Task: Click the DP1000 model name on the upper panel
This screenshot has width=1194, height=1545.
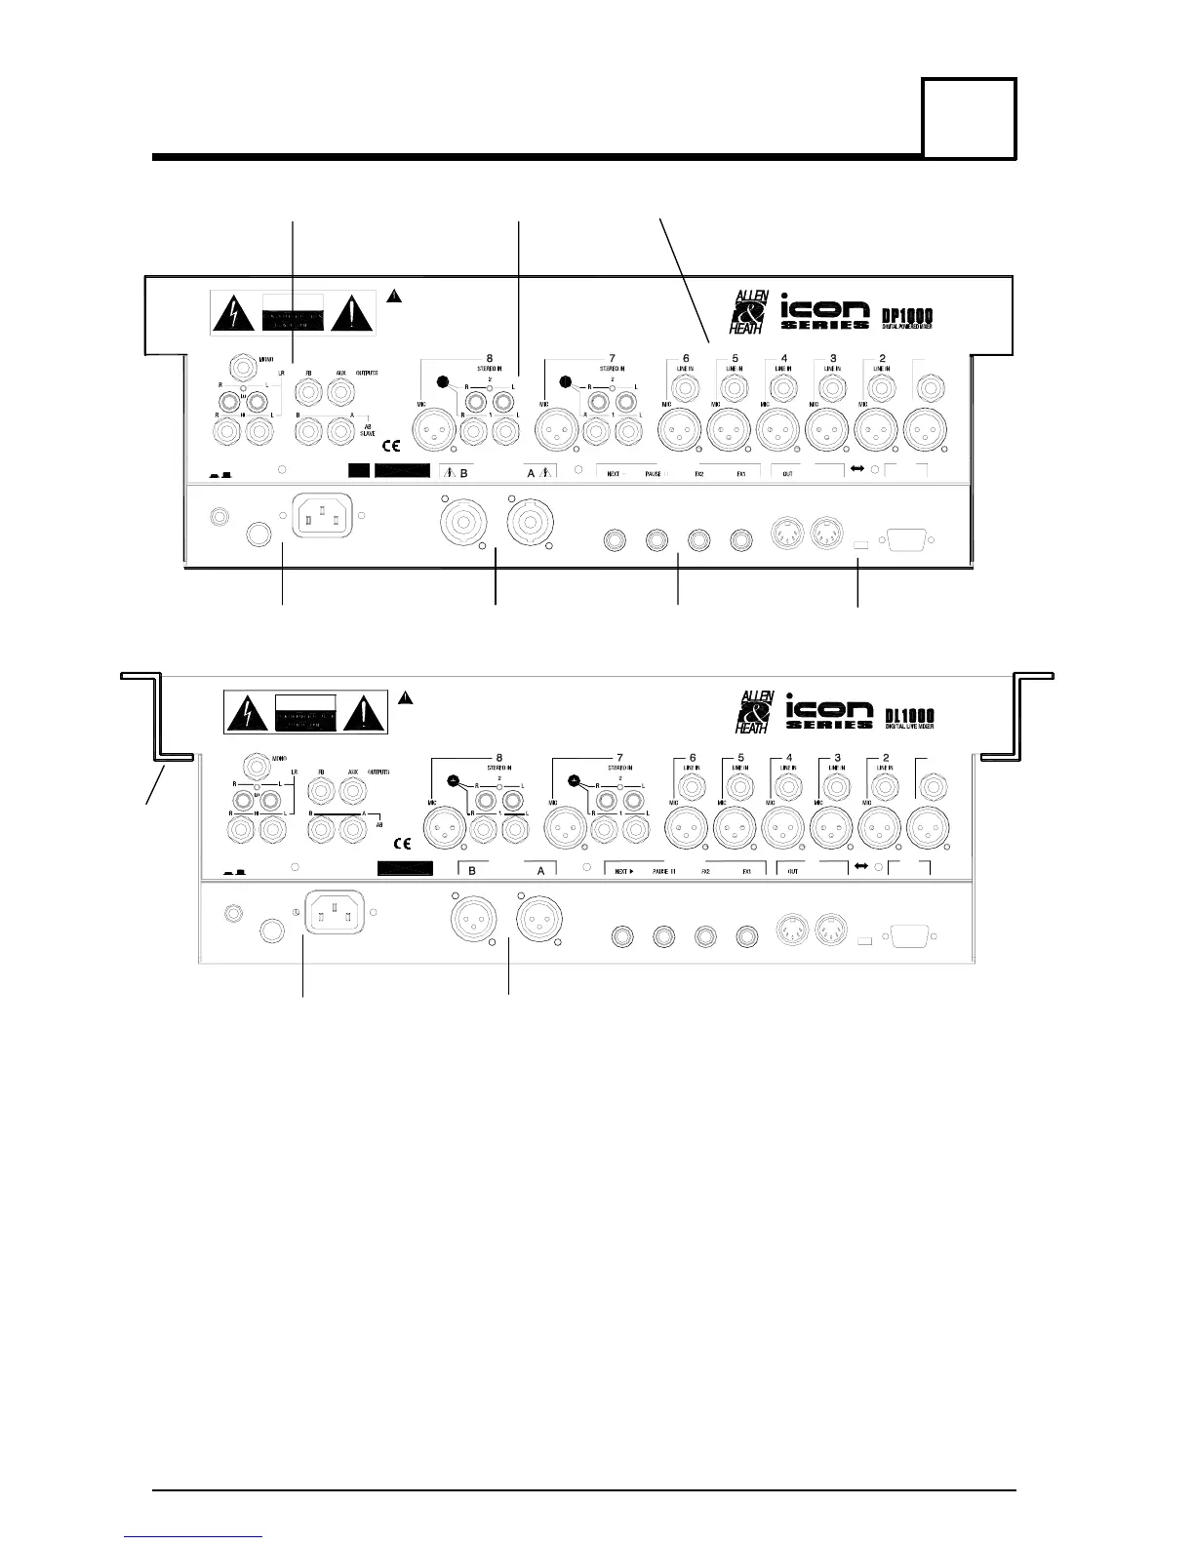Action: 899,315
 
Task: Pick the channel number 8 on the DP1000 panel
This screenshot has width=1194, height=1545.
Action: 490,357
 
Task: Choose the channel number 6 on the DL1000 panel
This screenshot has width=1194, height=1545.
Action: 693,757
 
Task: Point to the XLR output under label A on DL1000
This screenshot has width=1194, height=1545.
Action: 537,917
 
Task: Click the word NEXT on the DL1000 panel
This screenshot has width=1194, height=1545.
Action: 621,870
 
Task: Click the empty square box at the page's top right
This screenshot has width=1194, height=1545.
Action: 970,118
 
